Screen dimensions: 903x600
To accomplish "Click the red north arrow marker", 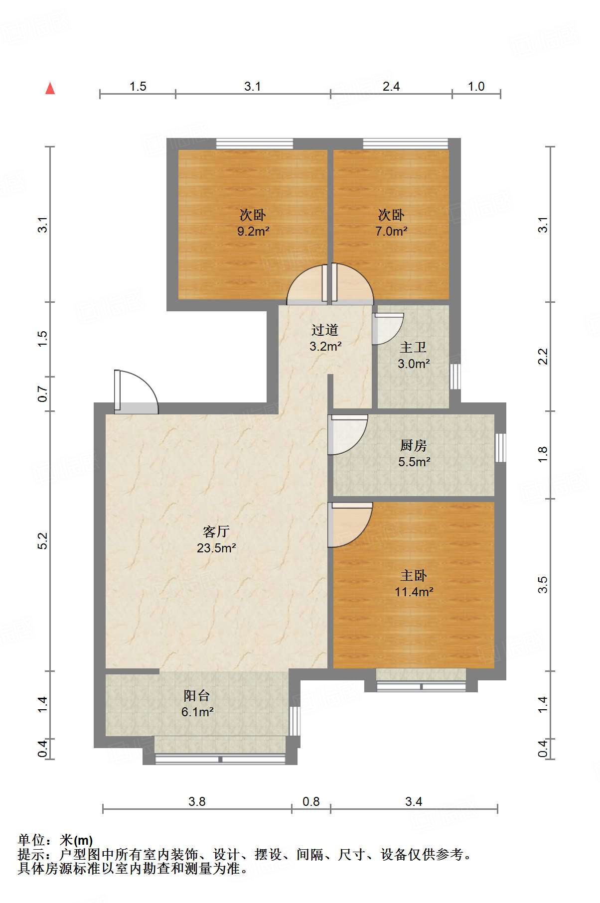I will (x=50, y=89).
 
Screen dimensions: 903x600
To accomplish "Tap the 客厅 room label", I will (x=216, y=531).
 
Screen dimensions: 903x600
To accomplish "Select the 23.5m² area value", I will (x=216, y=548).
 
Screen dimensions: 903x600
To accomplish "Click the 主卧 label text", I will (x=413, y=576).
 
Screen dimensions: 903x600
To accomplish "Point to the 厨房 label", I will (x=413, y=445).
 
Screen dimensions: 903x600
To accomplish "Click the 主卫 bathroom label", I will (x=413, y=348).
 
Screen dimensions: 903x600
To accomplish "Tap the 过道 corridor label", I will (x=325, y=330).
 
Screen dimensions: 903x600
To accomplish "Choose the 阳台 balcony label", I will (x=197, y=695).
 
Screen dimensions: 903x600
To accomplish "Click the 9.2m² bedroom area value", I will (x=253, y=232).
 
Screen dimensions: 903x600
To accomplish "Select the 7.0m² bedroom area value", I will (x=391, y=232).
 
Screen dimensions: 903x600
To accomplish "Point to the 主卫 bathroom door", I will (x=387, y=328).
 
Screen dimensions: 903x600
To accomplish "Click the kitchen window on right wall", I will (x=500, y=448).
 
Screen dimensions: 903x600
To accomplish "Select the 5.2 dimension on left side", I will (x=43, y=541).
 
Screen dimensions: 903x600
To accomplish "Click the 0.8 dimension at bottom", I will (x=311, y=801).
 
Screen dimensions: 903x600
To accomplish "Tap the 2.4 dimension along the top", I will (x=391, y=87).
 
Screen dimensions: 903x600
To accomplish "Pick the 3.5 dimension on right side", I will (x=543, y=584).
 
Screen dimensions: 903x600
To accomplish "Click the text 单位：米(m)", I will (x=55, y=841).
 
